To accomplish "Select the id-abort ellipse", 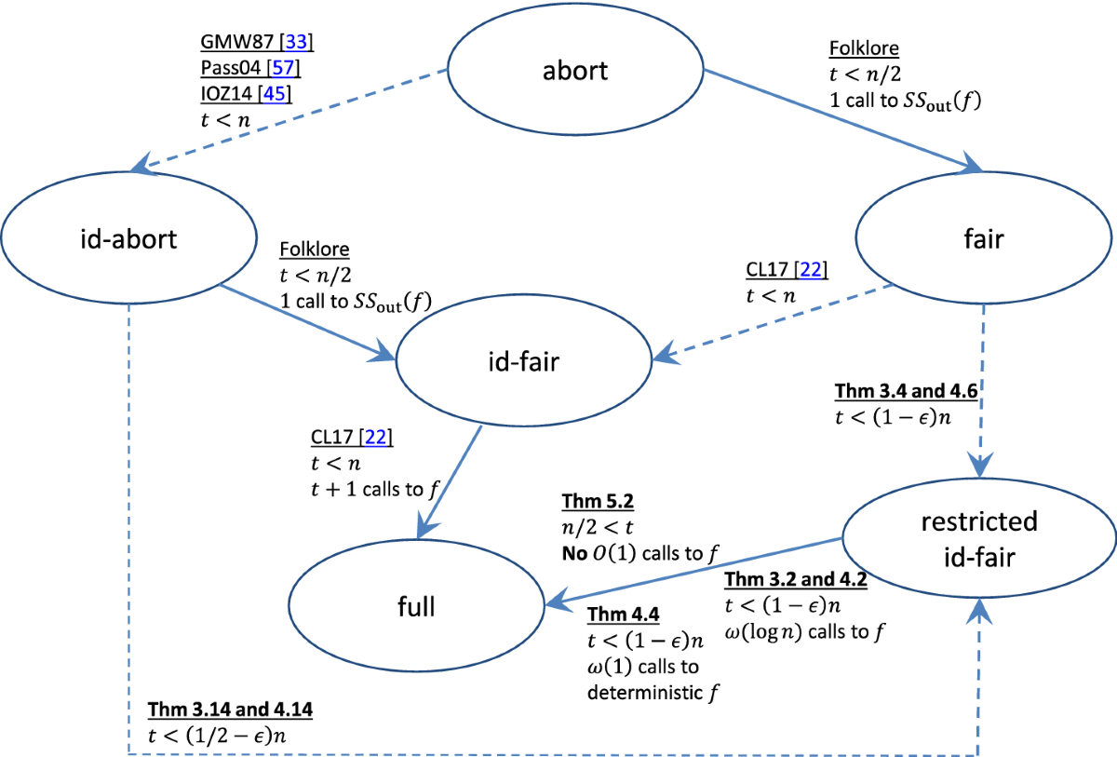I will (x=128, y=238).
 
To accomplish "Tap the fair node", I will (x=984, y=238).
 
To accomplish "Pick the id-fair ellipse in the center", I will (x=524, y=361).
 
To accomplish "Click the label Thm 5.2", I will (x=597, y=503).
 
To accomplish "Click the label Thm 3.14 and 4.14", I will (x=230, y=710).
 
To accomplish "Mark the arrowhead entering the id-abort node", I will (x=141, y=168).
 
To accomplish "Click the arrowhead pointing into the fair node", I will (x=972, y=165).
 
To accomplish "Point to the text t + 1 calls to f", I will (x=367, y=489).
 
